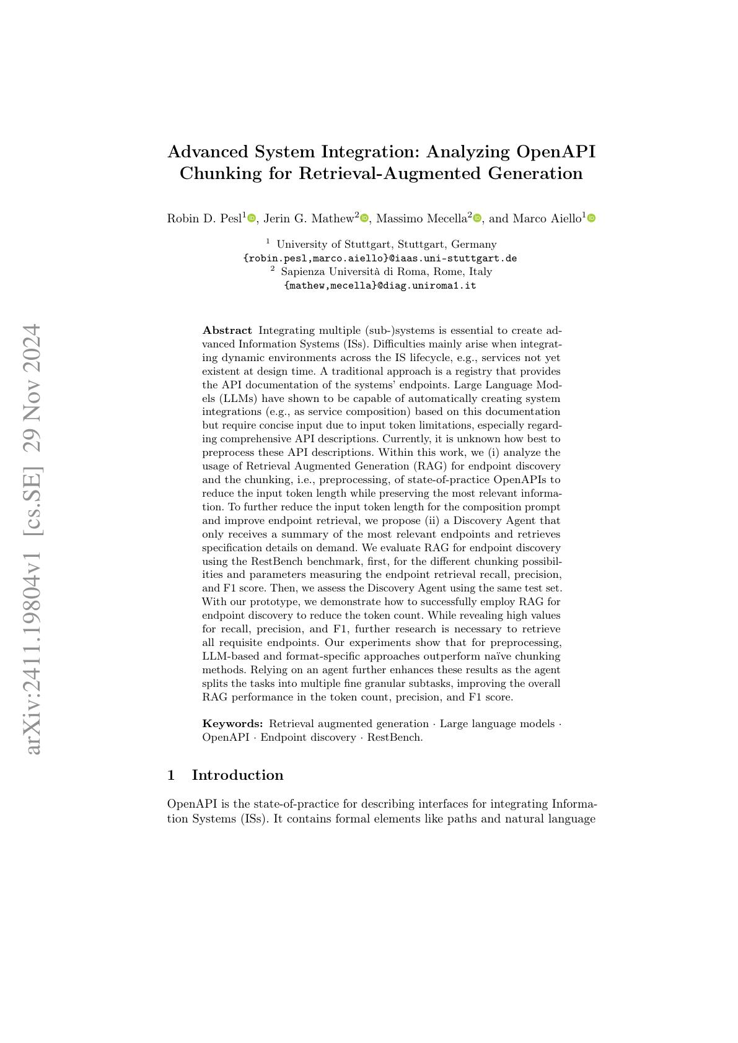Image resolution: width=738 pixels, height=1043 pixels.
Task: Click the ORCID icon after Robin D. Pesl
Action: pyautogui.click(x=252, y=218)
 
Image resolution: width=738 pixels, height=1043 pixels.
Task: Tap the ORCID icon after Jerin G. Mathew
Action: pyautogui.click(x=364, y=218)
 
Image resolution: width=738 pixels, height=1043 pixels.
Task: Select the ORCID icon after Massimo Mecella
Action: pyautogui.click(x=477, y=218)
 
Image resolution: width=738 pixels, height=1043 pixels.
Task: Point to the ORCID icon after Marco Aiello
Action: pyautogui.click(x=591, y=218)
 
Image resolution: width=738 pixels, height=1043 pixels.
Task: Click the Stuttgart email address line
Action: pyautogui.click(x=380, y=258)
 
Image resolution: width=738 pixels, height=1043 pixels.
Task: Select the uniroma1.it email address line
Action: pyautogui.click(x=380, y=286)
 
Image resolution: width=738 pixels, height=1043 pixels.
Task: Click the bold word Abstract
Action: pyautogui.click(x=227, y=331)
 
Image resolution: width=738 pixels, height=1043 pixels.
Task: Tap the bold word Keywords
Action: pyautogui.click(x=232, y=724)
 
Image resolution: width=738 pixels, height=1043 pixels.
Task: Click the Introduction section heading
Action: pyautogui.click(x=237, y=775)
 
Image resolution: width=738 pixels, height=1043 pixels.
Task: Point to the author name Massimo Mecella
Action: pyautogui.click(x=421, y=219)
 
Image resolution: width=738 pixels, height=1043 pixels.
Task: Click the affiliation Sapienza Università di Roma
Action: pyautogui.click(x=386, y=272)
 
